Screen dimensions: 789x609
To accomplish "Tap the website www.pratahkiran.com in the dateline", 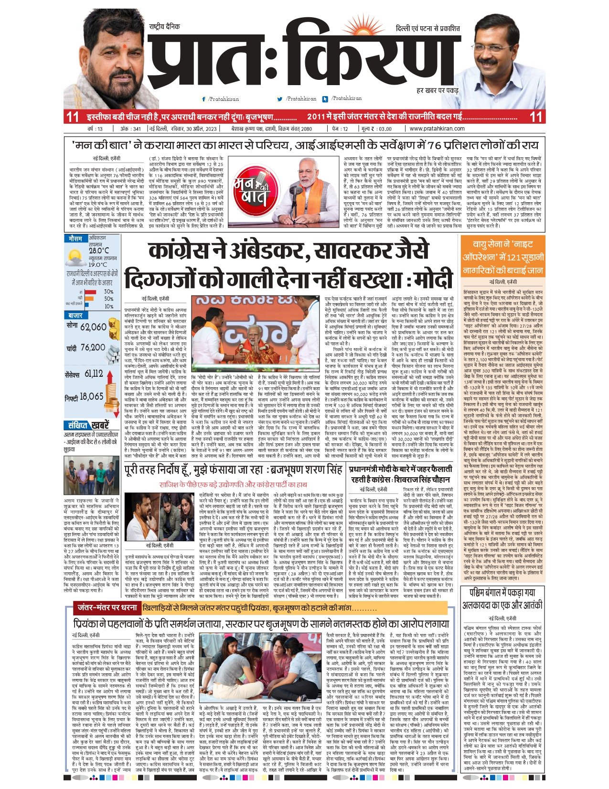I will coord(437,129).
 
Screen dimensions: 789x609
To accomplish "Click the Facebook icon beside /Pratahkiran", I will coord(204,99).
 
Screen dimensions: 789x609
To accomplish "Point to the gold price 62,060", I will coord(93,327).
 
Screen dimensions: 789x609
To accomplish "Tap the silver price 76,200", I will coord(93,348).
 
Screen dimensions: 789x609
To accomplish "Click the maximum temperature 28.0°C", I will coord(98,251).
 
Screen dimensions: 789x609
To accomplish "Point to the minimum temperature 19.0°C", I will coord(98,264).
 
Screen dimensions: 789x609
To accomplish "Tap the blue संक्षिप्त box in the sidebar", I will coord(77,425).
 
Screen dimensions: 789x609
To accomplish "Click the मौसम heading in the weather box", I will coord(75,239).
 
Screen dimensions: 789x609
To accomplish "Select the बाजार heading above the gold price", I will coord(75,316).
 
